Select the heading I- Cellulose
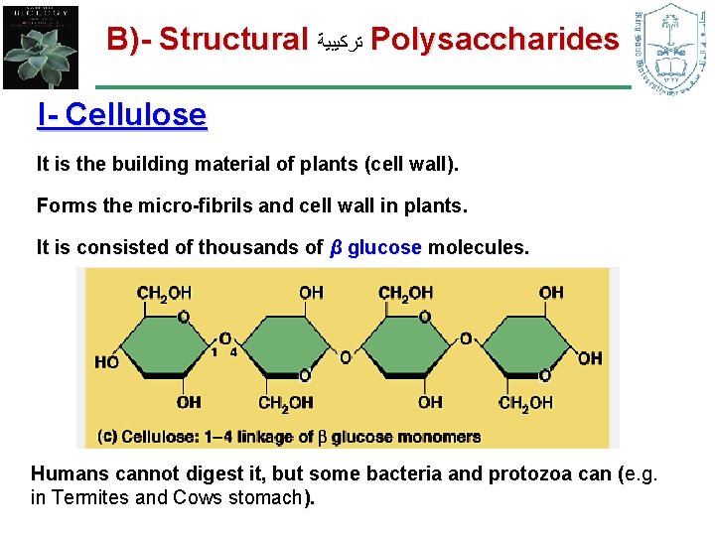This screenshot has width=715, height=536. point(121,115)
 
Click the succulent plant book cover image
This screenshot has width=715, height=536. point(40,45)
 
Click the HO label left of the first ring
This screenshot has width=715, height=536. point(106,362)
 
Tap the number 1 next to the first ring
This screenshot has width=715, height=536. point(214,350)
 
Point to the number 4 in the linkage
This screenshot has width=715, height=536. point(233,350)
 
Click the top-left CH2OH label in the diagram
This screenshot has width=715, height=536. point(164,294)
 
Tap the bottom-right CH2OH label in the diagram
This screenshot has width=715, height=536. point(525,402)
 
